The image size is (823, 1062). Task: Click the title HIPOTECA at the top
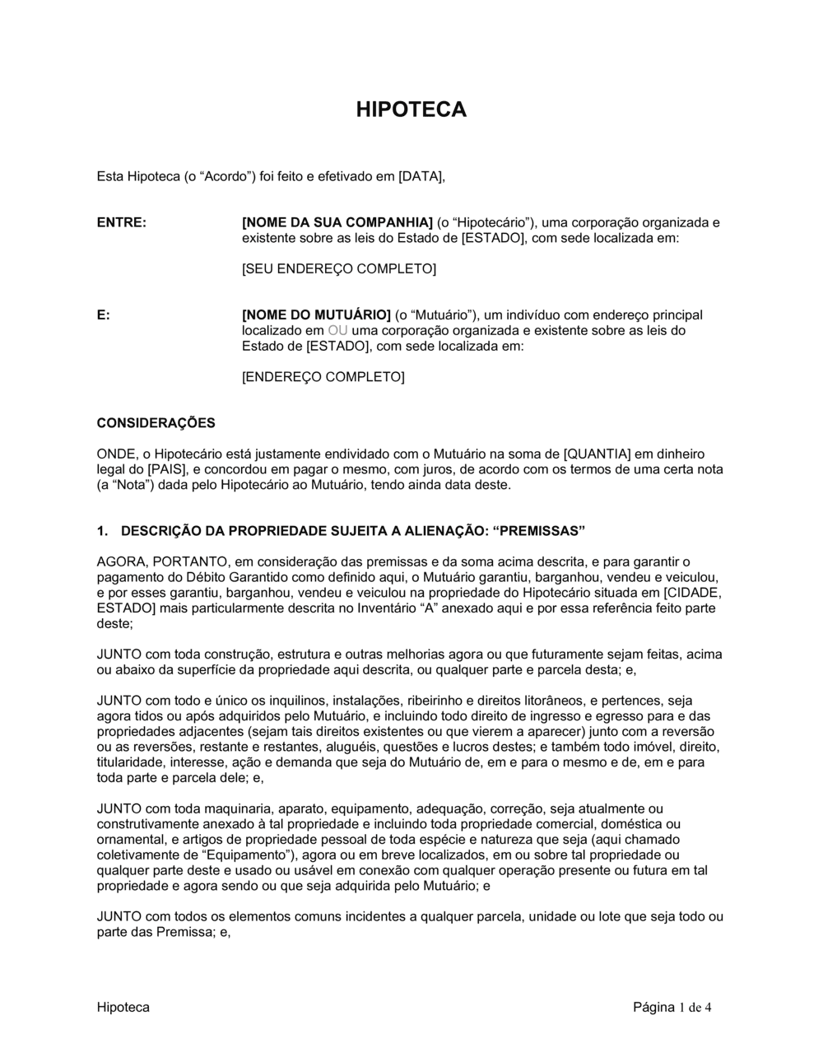(x=411, y=109)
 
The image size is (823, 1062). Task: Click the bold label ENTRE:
(x=121, y=223)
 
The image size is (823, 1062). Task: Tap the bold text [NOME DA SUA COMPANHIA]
(x=337, y=223)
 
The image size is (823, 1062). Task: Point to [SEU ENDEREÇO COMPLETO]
(x=338, y=269)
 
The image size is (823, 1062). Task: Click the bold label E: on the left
(x=103, y=315)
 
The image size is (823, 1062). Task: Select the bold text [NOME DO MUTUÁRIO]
(x=316, y=315)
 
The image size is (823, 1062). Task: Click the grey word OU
(x=338, y=331)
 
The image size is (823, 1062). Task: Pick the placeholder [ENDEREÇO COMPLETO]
(x=323, y=377)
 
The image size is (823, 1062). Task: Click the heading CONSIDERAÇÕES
(x=156, y=423)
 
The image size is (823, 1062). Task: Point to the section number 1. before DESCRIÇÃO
(x=102, y=530)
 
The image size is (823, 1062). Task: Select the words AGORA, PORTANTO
(x=159, y=561)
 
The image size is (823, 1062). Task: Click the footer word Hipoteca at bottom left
(x=123, y=1008)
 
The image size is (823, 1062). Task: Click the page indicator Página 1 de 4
(x=672, y=1008)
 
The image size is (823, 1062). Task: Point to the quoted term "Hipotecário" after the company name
(x=494, y=223)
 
